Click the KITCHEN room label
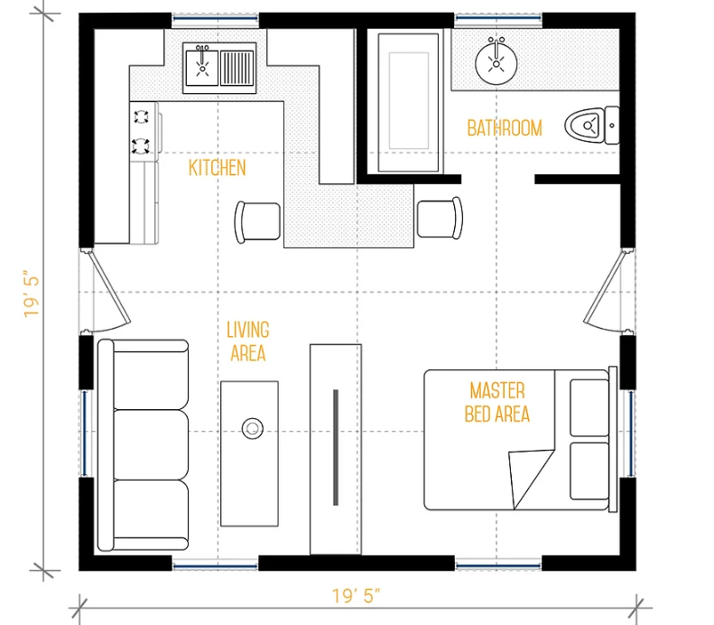point(218,168)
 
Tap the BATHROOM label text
point(505,128)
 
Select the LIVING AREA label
point(248,341)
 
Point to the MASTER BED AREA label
point(497,403)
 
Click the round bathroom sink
point(496,63)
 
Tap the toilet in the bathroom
point(592,126)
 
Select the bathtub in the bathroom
point(409,102)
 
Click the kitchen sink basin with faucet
point(202,67)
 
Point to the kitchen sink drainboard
point(237,68)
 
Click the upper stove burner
point(141,117)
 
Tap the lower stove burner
point(141,145)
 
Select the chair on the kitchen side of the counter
point(257,222)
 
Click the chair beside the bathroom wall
point(440,218)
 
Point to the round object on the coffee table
point(252,429)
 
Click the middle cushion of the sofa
point(151,444)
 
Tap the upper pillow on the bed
point(589,406)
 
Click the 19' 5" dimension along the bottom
point(356,596)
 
